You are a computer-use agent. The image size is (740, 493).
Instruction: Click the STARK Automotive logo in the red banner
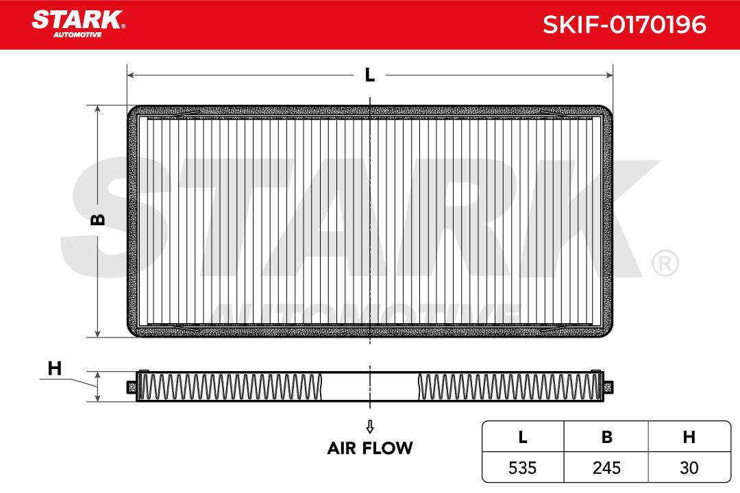click(78, 23)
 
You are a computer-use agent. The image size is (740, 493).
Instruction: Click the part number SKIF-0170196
click(624, 25)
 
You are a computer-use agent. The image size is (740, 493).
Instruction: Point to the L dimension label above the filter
click(370, 75)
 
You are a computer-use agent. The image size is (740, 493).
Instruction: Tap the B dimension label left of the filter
click(98, 219)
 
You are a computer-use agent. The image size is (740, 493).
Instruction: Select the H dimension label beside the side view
click(55, 368)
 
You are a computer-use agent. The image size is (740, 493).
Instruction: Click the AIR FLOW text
click(370, 448)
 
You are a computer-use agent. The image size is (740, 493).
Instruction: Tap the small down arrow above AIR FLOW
click(370, 427)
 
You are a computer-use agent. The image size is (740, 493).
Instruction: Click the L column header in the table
click(522, 437)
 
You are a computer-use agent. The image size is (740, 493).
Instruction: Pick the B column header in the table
click(607, 437)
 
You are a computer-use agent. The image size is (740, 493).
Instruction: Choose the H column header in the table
click(689, 437)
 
